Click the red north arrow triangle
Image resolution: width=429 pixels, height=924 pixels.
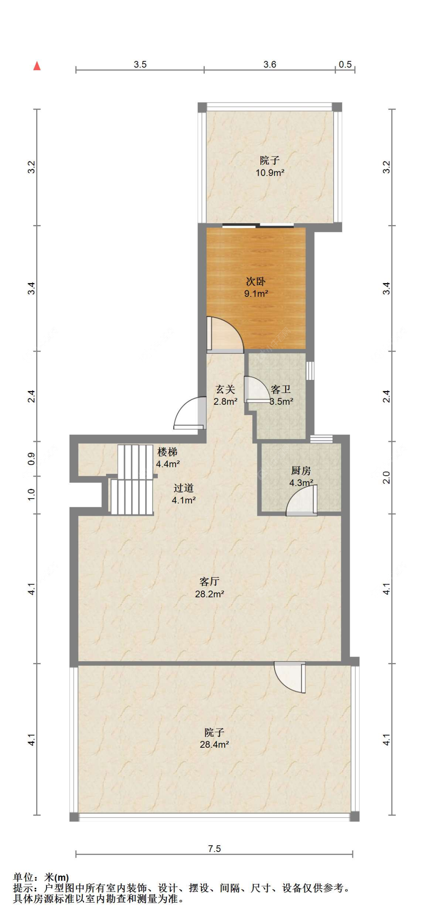[x=37, y=66]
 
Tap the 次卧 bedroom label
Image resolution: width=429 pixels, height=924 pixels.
[x=255, y=282]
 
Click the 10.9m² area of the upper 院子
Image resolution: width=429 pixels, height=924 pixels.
[x=270, y=172]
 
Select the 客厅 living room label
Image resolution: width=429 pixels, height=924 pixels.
[x=209, y=581]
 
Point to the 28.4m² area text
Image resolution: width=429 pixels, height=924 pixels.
[x=214, y=744]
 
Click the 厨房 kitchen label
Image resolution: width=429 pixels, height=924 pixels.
[x=301, y=471]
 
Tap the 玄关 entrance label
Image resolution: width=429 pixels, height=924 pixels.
[x=225, y=390]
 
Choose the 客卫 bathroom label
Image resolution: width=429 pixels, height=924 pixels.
[x=281, y=390]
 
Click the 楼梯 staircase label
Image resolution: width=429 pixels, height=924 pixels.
[x=167, y=452]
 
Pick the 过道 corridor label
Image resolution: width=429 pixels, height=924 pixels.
[x=183, y=488]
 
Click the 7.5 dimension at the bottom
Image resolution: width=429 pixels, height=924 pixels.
[x=214, y=848]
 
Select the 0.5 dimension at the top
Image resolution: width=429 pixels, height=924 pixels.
[x=345, y=64]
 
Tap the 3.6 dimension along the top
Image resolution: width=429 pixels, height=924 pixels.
[x=270, y=64]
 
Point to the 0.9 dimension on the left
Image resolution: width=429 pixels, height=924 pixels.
[x=32, y=458]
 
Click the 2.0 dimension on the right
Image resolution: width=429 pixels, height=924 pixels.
[x=386, y=477]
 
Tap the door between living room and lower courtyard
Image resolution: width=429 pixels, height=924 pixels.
[x=290, y=678]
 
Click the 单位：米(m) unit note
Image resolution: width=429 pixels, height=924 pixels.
[x=41, y=877]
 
